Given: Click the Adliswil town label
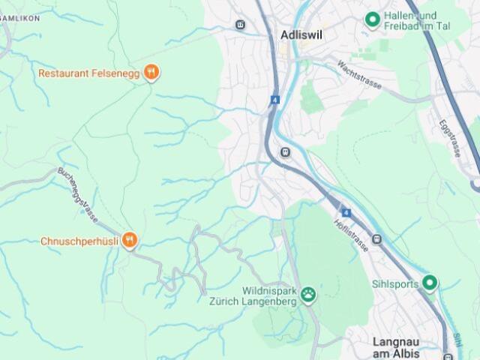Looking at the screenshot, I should [302, 34].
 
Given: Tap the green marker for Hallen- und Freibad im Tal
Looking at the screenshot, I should [371, 20].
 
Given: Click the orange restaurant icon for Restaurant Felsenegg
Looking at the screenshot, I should [151, 73].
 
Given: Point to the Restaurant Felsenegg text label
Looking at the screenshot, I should [88, 73].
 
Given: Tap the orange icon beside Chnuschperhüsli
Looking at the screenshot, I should [130, 241].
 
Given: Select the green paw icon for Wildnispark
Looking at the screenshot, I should [309, 295].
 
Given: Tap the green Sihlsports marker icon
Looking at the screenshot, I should [429, 283].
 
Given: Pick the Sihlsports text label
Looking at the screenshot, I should [394, 284].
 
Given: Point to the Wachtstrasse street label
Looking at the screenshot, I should [359, 75].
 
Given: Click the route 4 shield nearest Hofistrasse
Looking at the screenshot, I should [345, 213].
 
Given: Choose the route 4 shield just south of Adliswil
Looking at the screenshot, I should [275, 99].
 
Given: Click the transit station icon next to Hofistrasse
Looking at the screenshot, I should [376, 240].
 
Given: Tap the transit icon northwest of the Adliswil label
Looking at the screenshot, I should [240, 25].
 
